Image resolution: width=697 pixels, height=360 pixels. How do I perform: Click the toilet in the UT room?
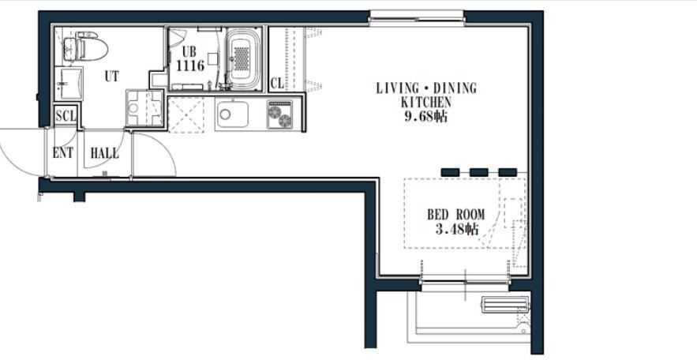85,47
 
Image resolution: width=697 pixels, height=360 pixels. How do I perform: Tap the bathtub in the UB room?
242,58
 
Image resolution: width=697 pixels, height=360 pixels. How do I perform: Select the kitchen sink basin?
231,114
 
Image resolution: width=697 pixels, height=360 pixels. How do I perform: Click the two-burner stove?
280,114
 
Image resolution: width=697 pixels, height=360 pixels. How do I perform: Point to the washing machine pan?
144,108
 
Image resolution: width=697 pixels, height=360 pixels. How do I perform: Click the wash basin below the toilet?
69,84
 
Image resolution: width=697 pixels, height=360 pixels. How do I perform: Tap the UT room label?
111,77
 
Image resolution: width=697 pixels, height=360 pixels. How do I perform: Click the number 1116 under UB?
190,66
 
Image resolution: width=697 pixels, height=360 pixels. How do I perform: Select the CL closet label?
277,83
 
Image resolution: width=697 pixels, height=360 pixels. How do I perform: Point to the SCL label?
66,116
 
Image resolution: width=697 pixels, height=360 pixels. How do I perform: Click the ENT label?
62,153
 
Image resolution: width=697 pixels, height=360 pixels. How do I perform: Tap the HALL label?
104,154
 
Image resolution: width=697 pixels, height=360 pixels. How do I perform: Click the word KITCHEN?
425,102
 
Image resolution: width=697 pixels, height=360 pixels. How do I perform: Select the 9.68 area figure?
425,117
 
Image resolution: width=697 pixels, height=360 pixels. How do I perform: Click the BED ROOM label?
456,215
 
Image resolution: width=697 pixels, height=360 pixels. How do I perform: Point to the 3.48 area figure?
456,229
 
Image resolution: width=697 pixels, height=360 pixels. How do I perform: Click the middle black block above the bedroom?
478,172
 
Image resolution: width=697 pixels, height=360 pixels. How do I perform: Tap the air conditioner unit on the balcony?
504,305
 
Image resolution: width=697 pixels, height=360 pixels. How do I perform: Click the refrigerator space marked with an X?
186,115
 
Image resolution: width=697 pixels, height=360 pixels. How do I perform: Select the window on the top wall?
417,18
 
